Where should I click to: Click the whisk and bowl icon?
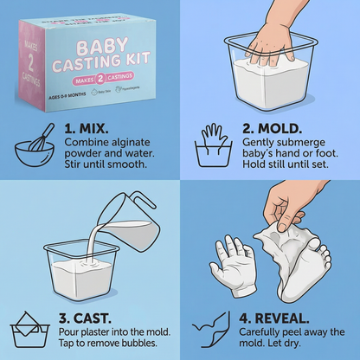[31, 135]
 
